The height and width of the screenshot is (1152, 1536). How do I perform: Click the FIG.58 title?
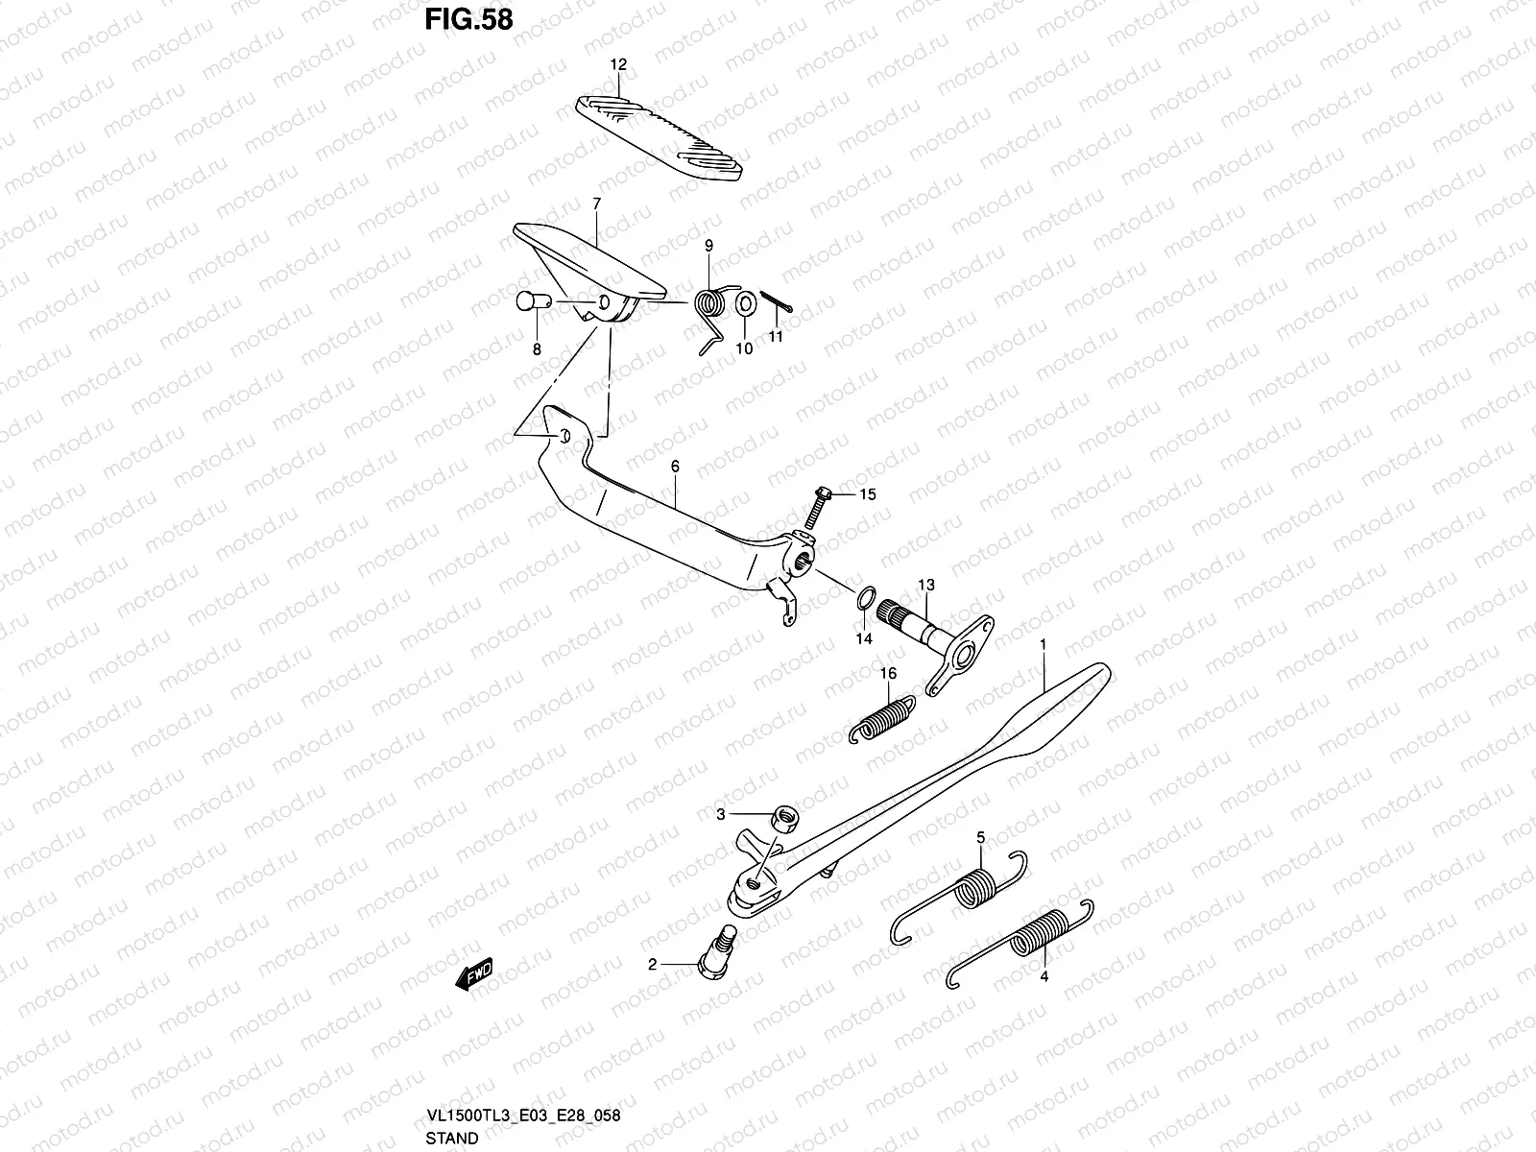[x=468, y=19]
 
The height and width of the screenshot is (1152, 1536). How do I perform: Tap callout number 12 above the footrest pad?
[x=618, y=64]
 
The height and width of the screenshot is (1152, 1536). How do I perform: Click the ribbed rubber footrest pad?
[x=659, y=138]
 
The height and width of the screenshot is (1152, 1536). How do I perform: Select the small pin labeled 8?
[x=533, y=301]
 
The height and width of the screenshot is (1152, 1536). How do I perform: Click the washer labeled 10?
[x=746, y=304]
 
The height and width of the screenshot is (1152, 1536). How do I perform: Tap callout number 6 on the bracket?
[x=675, y=466]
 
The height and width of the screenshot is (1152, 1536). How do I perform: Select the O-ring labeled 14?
[x=866, y=598]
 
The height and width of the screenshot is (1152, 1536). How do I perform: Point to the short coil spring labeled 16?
[x=881, y=719]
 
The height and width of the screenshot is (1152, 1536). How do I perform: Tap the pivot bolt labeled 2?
[x=716, y=952]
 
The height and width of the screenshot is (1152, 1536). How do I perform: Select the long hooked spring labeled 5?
[x=959, y=898]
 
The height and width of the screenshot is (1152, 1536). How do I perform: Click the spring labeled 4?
[x=1019, y=944]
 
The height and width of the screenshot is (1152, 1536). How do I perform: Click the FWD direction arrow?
[x=474, y=973]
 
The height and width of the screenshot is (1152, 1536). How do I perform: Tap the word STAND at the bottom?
[x=452, y=1138]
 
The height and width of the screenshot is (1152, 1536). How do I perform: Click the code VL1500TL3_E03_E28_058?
[x=523, y=1116]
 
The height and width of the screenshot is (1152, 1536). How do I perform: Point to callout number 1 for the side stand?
[x=1043, y=644]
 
